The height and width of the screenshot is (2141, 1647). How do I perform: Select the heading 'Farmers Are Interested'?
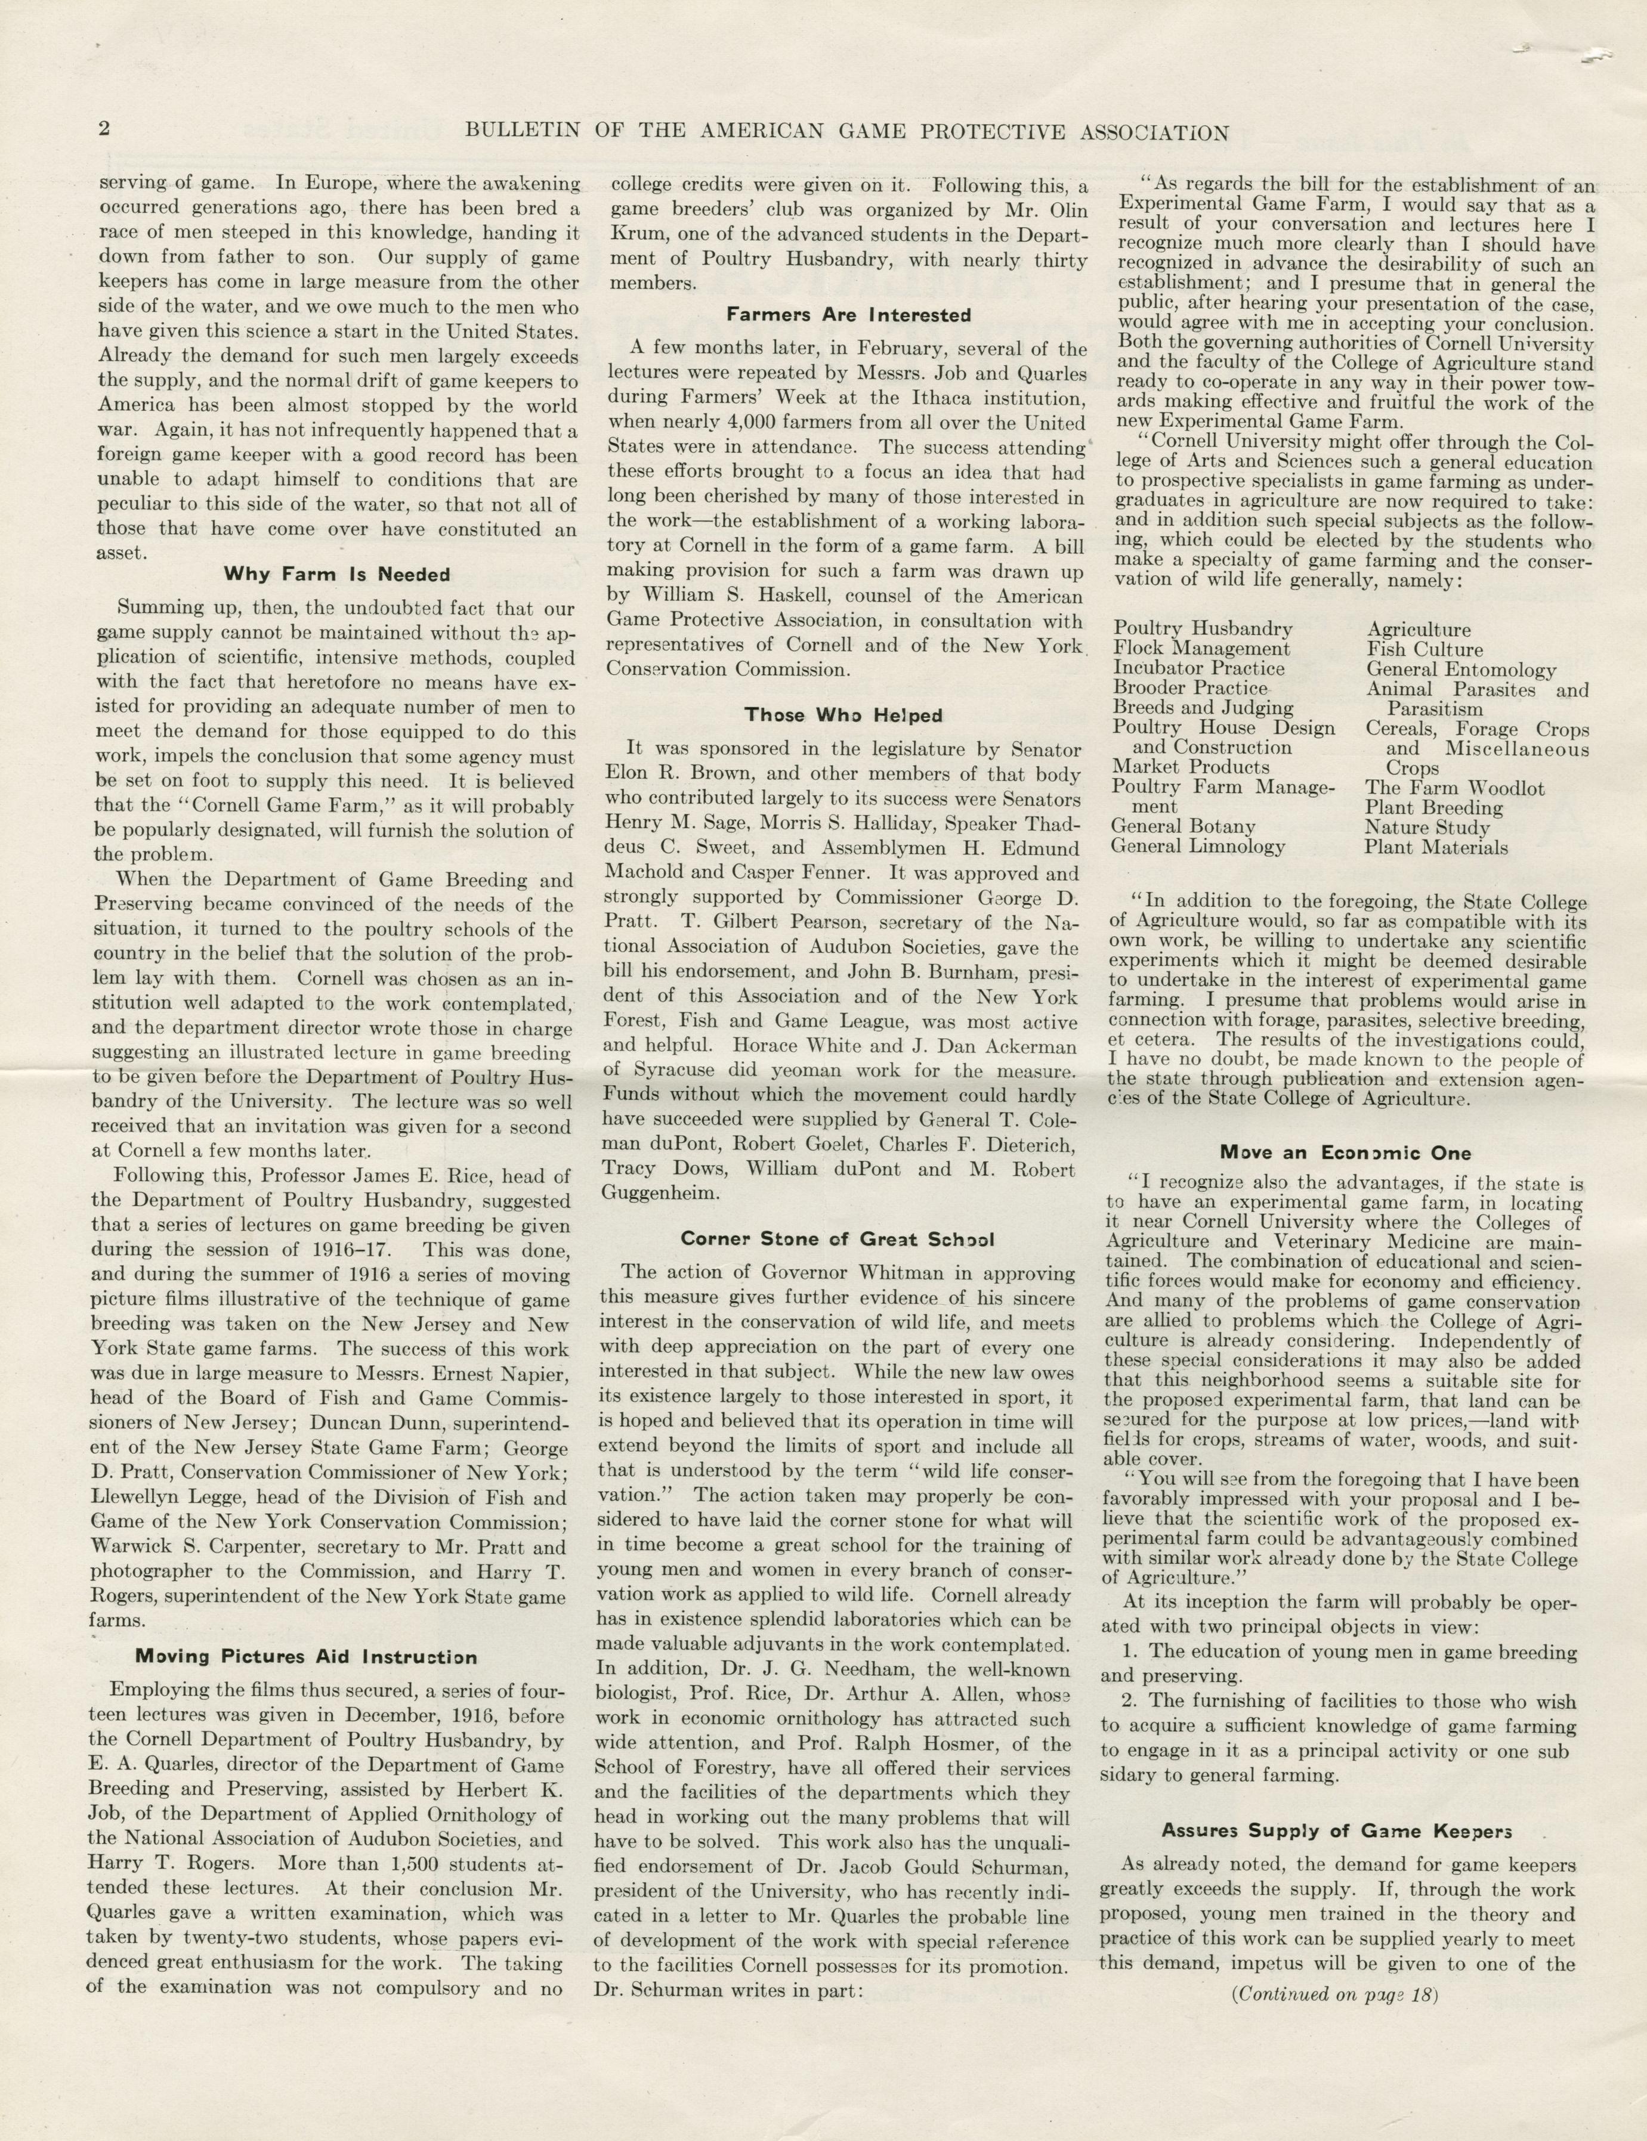[x=849, y=315]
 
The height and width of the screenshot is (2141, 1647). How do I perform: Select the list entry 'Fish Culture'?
[x=1424, y=650]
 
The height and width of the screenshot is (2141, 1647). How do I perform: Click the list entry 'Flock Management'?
[x=1201, y=649]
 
